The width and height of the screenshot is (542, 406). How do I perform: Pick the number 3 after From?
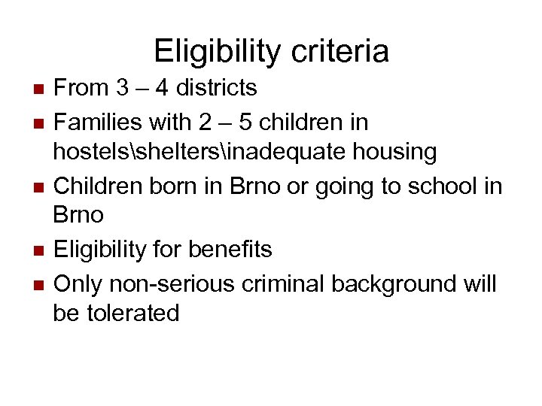(x=121, y=89)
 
